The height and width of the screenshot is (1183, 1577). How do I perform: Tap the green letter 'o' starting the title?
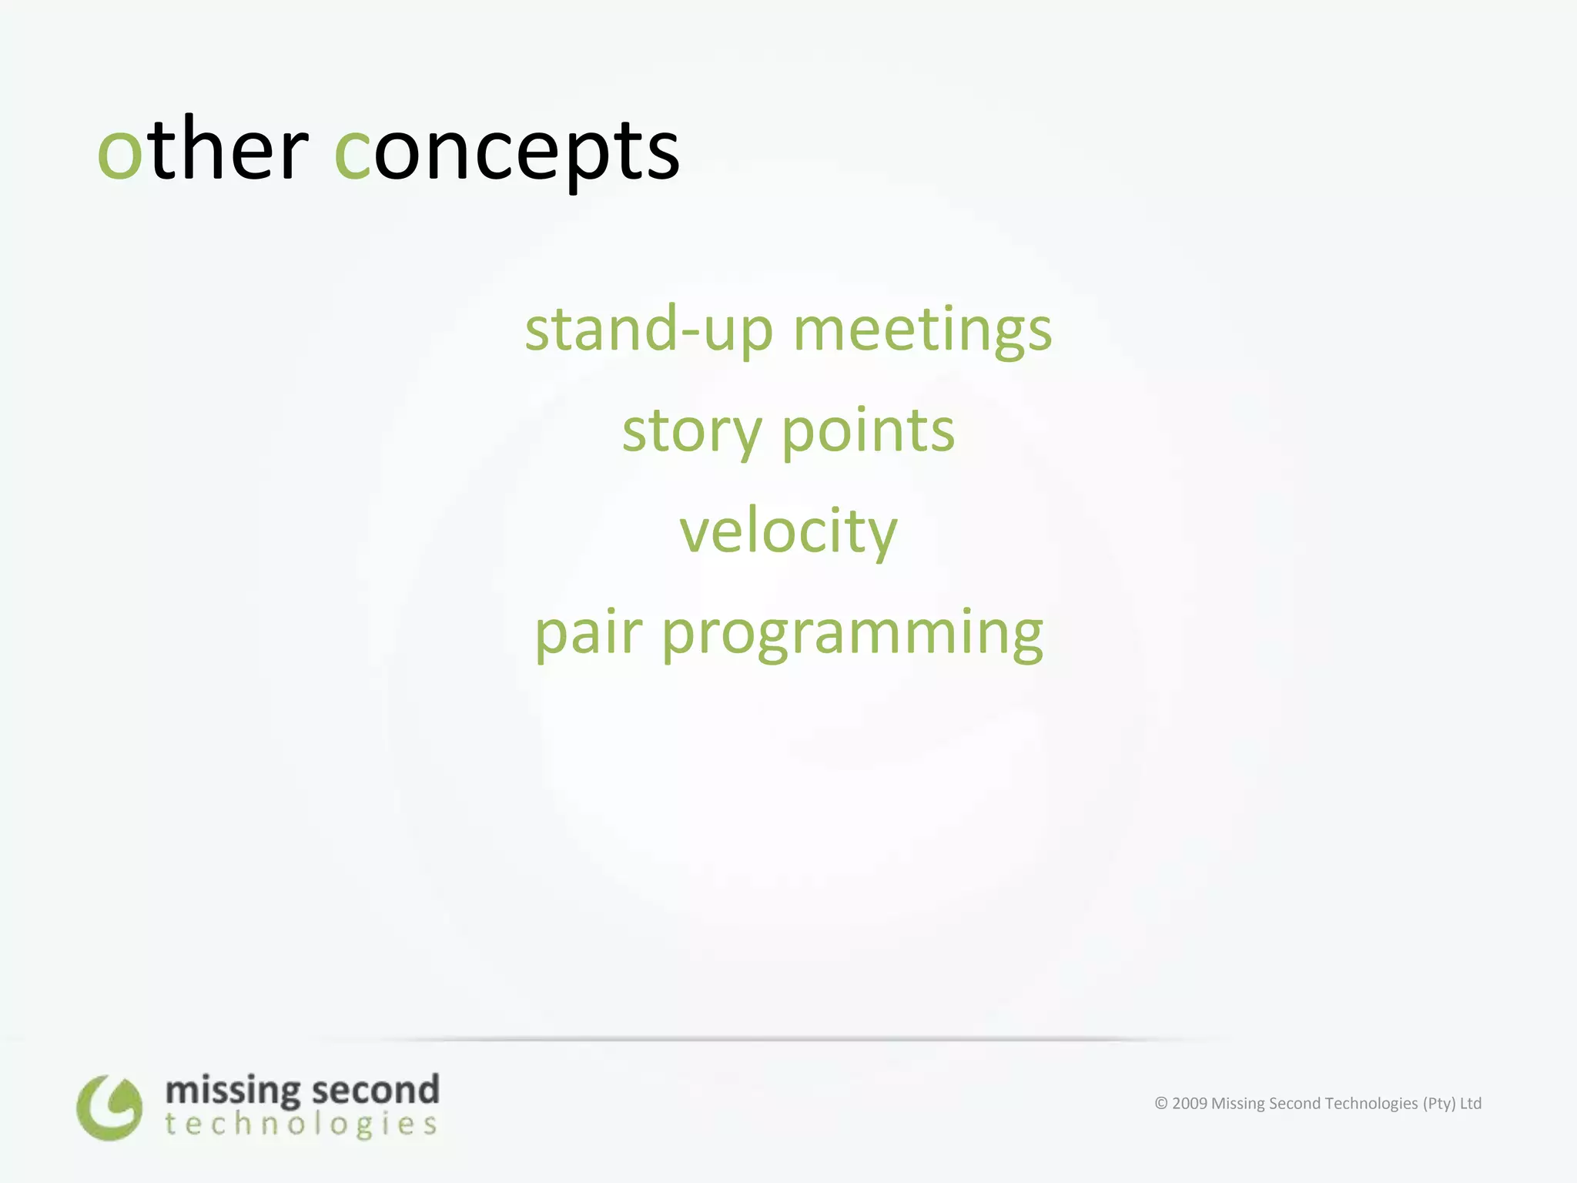(x=120, y=152)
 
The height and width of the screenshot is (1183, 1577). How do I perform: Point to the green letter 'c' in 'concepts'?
(x=353, y=152)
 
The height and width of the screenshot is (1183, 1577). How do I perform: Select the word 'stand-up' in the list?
(x=648, y=330)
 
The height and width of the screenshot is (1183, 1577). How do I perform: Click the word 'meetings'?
(x=922, y=330)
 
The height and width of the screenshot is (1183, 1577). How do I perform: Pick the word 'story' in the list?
(x=691, y=431)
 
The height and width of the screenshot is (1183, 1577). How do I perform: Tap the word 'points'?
(x=869, y=431)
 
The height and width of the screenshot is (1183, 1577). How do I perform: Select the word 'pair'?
(x=588, y=633)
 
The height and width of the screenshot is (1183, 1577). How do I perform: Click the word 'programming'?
(x=852, y=633)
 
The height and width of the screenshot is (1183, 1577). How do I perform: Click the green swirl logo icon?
(x=109, y=1108)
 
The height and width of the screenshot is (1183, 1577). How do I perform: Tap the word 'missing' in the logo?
(x=233, y=1091)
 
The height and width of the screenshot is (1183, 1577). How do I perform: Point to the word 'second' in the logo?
(x=376, y=1091)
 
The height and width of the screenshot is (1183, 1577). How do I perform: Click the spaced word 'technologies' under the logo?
(x=301, y=1124)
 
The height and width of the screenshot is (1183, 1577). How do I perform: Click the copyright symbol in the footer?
(x=1161, y=1104)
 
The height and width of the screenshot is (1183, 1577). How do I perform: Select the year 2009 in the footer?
(x=1190, y=1104)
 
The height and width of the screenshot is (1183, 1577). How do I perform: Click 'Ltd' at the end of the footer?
(x=1471, y=1104)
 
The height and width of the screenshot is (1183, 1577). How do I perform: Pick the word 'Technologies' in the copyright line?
(x=1371, y=1104)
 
